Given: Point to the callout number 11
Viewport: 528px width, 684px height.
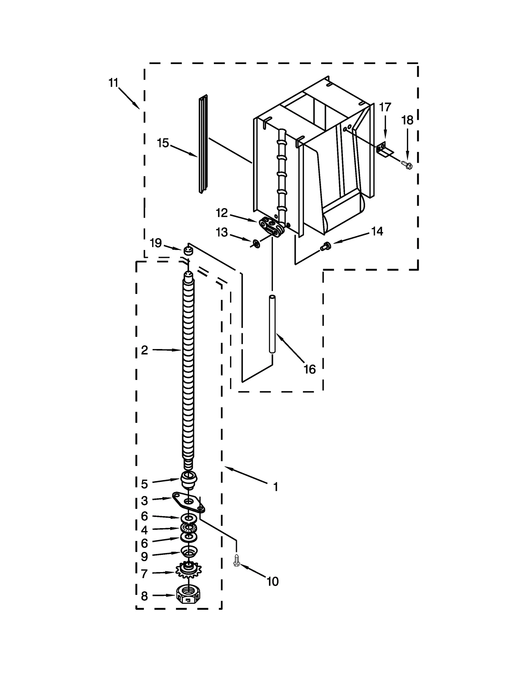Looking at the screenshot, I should pos(113,83).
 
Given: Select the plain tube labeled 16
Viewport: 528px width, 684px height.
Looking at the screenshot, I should pos(272,324).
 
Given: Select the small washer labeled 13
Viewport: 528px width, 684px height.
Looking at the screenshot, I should pos(256,244).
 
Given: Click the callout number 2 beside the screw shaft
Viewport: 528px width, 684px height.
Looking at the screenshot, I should pos(144,350).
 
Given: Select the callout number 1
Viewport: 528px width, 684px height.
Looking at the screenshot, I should pos(276,486).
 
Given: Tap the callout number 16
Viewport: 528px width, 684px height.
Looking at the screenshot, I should pos(310,369).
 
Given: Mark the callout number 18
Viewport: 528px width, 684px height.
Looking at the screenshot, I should pos(407,120).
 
